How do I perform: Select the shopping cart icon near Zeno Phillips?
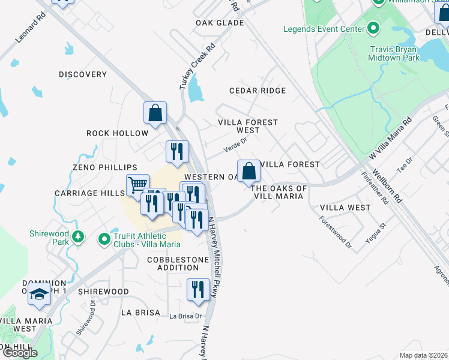click(x=137, y=185)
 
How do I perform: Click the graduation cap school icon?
click(x=40, y=295)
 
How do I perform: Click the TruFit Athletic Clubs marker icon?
click(x=104, y=239)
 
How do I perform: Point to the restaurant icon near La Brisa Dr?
click(x=198, y=290)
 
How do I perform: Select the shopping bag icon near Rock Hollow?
click(x=155, y=113)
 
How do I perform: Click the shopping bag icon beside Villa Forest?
click(x=249, y=172)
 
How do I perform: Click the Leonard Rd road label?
click(x=31, y=28)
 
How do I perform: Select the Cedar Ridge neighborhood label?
click(x=258, y=91)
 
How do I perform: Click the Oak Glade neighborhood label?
click(x=220, y=23)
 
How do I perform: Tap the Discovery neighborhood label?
click(x=83, y=74)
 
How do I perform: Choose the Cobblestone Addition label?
click(x=178, y=263)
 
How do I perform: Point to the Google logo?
click(x=19, y=353)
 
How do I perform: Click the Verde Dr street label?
click(x=235, y=144)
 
